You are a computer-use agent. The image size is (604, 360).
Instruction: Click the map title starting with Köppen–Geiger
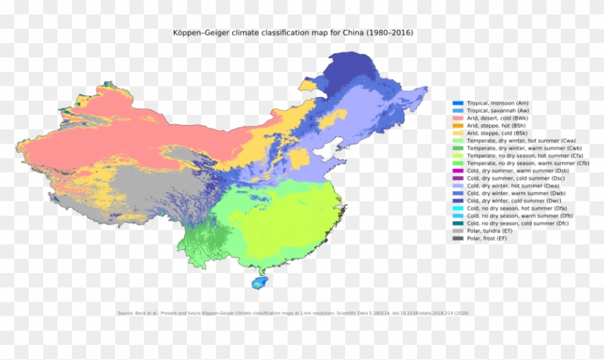tap(293, 33)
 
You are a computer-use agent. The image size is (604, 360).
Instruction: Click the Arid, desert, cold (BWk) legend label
tap(498, 119)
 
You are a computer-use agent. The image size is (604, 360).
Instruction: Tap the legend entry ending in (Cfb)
tap(528, 163)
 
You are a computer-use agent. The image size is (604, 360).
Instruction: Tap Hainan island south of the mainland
tap(260, 283)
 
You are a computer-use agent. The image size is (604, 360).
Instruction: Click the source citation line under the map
tap(293, 313)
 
